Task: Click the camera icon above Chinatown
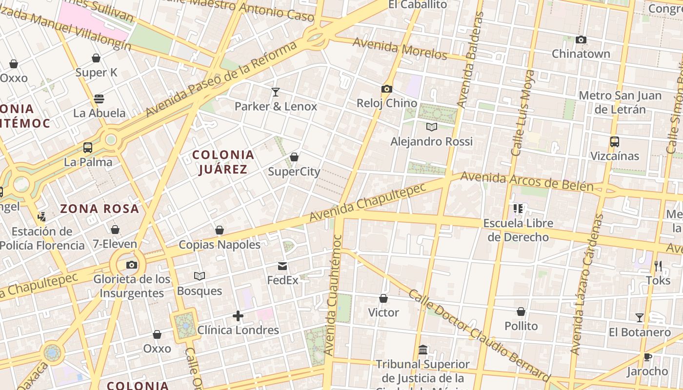coord(581,40)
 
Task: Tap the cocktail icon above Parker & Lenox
coord(276,92)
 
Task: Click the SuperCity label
coord(294,172)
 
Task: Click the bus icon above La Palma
coord(88,148)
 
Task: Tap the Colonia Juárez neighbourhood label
coord(223,162)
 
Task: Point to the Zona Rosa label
coord(100,209)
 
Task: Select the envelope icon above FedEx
coord(282,266)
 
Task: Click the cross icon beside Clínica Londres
coord(238,316)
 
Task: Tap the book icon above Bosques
coord(199,276)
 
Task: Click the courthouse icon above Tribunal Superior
coord(423,350)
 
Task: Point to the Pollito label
coord(521,326)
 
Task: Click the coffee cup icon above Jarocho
coord(648,357)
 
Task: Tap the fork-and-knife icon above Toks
coord(658,266)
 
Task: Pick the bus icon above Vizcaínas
coord(614,142)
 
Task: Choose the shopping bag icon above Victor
coord(383,298)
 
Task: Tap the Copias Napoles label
coord(220,245)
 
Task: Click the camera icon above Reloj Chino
coord(387,89)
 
